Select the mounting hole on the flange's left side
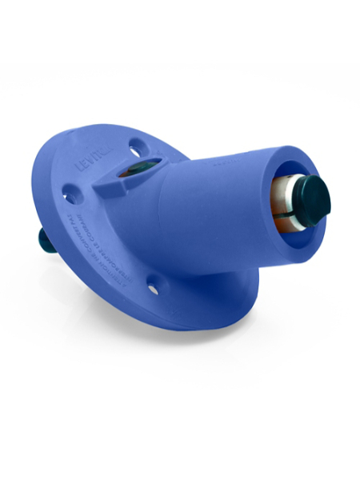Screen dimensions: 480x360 [x=71, y=193]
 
